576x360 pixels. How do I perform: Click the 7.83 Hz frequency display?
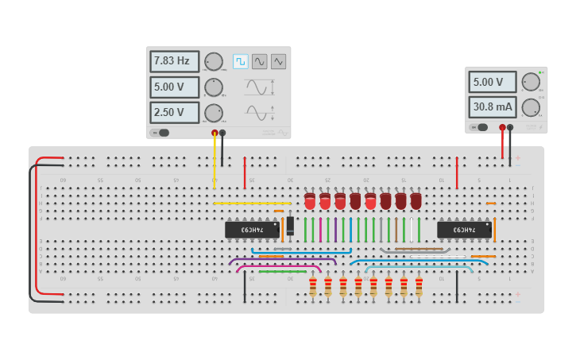click(174, 61)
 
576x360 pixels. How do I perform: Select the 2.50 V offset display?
click(174, 113)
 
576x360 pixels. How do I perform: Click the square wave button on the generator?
click(240, 61)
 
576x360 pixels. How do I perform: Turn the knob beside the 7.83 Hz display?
click(213, 62)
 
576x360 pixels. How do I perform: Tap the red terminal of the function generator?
click(215, 133)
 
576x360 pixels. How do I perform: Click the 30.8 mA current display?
click(492, 106)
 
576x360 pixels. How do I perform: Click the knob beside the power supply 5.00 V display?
click(530, 82)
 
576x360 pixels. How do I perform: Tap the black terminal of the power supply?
click(510, 126)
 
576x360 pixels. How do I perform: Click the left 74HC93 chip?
click(252, 230)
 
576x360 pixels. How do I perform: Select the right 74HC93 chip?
click(464, 230)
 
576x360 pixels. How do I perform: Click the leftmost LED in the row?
click(310, 200)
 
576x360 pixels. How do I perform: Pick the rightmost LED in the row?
click(416, 200)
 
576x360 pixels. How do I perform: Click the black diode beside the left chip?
click(290, 226)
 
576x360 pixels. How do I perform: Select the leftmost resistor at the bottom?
click(312, 286)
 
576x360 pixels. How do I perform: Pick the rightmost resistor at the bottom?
click(419, 286)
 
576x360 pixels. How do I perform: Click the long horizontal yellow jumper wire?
click(246, 203)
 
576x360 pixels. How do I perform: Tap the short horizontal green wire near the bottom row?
click(282, 271)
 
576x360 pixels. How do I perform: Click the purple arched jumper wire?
click(282, 259)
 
